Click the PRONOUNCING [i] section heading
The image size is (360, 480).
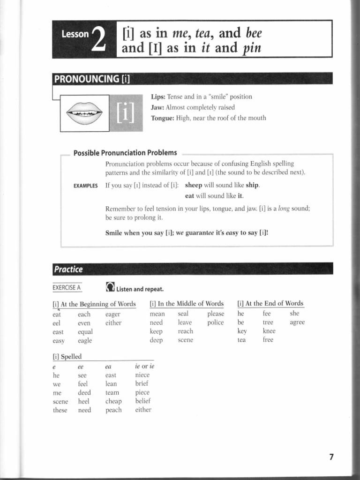(92, 79)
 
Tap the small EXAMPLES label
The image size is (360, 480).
(85, 186)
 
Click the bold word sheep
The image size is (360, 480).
(194, 185)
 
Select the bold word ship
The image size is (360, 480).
(252, 185)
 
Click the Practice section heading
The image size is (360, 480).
(68, 269)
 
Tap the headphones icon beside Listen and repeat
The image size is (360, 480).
(110, 286)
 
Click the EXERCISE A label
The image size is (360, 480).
(67, 287)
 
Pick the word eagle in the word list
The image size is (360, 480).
(85, 341)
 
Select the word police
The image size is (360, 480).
(215, 322)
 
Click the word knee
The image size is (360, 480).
(269, 331)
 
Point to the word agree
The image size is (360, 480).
(297, 322)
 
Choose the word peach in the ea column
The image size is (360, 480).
(113, 410)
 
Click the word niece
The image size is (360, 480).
(142, 375)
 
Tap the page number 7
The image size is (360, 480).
(331, 457)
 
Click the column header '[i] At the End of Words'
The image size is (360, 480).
(270, 303)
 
